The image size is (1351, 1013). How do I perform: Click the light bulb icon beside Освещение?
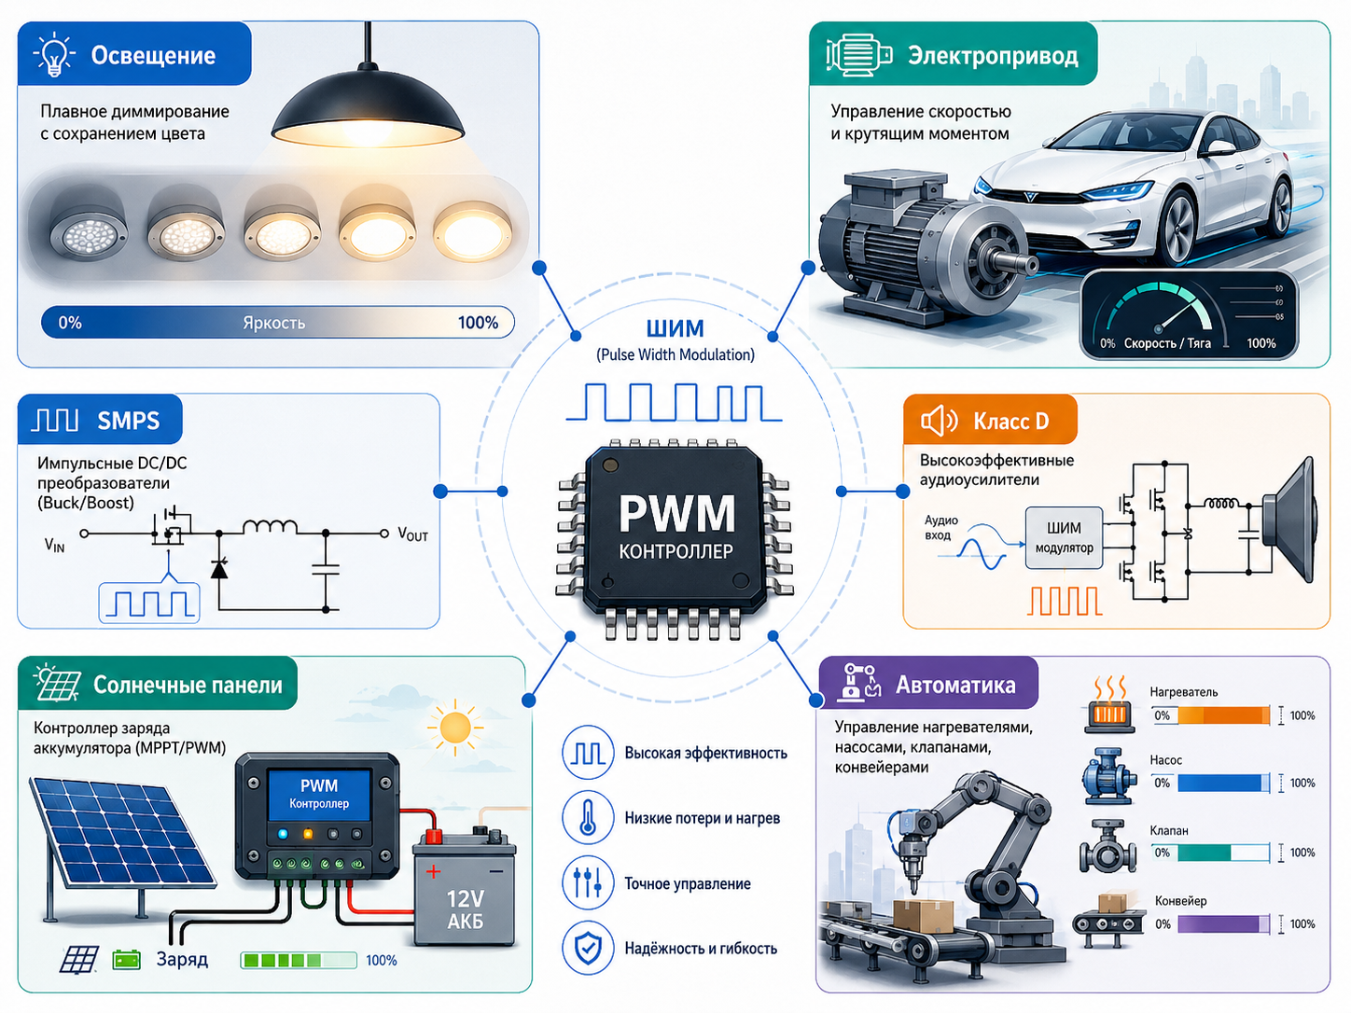(x=54, y=54)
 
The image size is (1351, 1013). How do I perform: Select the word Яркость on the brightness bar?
(x=274, y=323)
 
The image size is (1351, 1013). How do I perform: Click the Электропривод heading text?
(x=993, y=56)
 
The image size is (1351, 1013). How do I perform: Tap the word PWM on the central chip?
(x=675, y=514)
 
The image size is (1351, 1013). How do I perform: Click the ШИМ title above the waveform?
(x=675, y=328)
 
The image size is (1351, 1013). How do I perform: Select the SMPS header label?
(x=128, y=421)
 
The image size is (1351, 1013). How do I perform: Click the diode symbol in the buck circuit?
(x=219, y=569)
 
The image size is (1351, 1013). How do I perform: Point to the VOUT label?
(x=412, y=534)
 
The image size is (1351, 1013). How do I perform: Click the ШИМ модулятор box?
(x=1064, y=537)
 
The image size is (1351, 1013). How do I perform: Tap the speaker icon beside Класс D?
(x=939, y=421)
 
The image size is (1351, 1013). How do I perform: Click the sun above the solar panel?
(x=455, y=728)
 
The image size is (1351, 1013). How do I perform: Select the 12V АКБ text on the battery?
(x=465, y=909)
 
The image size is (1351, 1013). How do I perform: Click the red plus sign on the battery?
(x=433, y=871)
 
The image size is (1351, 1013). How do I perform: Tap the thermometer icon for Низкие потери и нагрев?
(x=588, y=817)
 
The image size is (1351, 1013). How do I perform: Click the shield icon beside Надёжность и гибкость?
(x=588, y=948)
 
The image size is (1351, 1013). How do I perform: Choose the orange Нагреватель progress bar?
(x=1211, y=715)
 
